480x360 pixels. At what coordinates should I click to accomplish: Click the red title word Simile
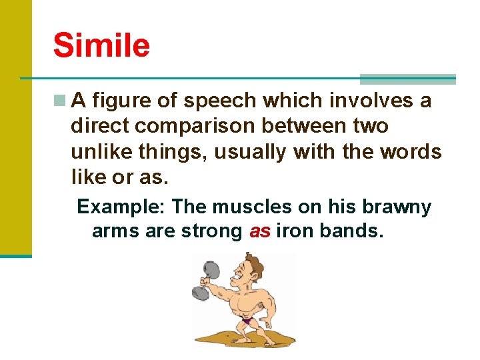pos(101,45)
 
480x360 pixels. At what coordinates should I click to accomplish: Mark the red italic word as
pos(259,232)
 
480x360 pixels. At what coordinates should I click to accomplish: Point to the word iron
pos(295,232)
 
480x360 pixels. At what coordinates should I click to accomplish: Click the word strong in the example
pos(211,232)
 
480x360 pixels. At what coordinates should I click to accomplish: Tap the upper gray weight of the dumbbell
pos(211,269)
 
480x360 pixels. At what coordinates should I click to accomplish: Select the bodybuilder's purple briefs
pos(247,321)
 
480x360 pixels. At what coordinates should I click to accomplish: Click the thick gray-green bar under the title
pos(407,79)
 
